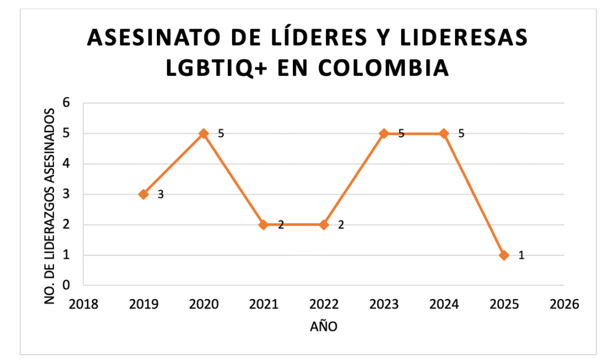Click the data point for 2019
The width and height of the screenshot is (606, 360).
tap(144, 194)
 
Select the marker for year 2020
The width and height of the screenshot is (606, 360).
tap(204, 133)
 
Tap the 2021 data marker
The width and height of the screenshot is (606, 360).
tap(264, 224)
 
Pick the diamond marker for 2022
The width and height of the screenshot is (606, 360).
tap(324, 224)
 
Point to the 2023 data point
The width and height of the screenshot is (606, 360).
tap(384, 133)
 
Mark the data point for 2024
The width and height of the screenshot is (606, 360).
tap(444, 133)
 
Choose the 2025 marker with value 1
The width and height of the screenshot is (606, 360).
tap(504, 255)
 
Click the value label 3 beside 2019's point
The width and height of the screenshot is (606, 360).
tap(160, 195)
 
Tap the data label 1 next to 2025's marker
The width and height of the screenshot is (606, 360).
tap(521, 256)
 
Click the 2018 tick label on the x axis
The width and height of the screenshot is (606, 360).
tap(83, 304)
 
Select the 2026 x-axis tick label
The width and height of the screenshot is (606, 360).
tap(564, 304)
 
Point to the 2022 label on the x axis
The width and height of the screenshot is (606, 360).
tap(324, 304)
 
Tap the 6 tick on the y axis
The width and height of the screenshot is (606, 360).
tap(67, 103)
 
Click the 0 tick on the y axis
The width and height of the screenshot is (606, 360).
tap(67, 285)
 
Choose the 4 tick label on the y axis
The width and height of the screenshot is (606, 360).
tap(67, 164)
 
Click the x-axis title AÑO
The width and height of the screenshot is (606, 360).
tap(324, 326)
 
